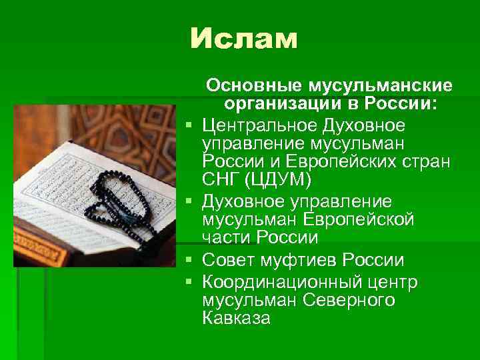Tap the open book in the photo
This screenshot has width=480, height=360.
point(73,187)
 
